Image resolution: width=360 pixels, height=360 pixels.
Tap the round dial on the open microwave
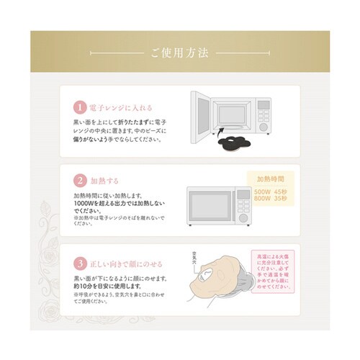[x=264, y=127]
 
